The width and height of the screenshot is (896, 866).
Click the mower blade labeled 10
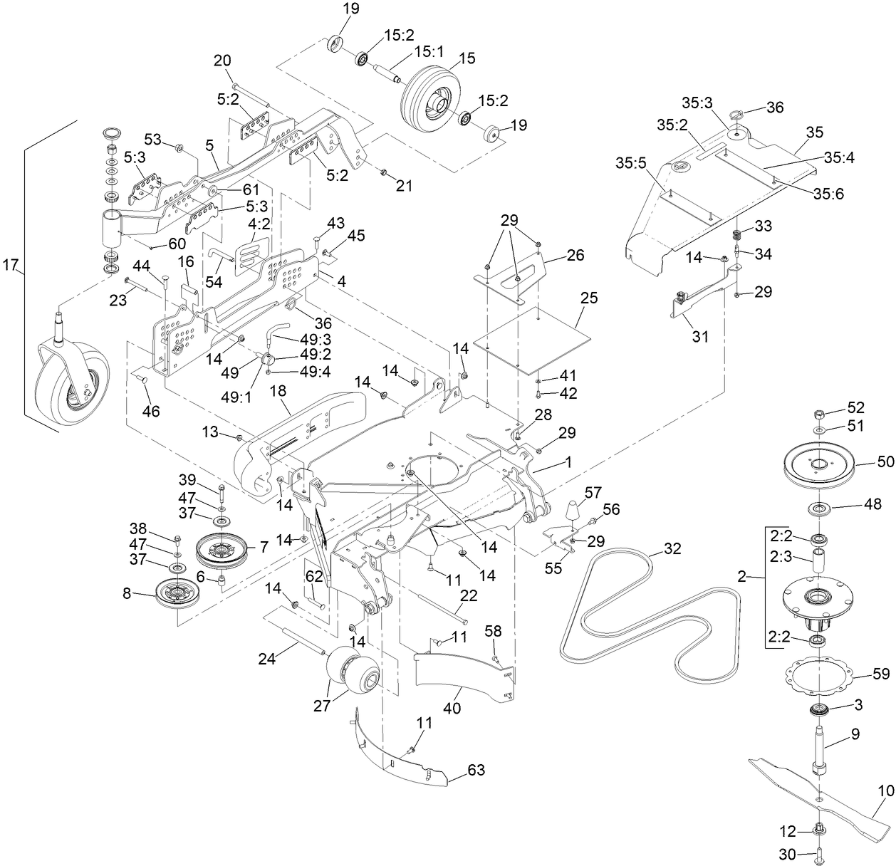pyautogui.click(x=819, y=791)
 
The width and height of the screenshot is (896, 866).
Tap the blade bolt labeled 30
pyautogui.click(x=818, y=852)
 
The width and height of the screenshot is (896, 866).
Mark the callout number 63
pyautogui.click(x=476, y=769)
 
